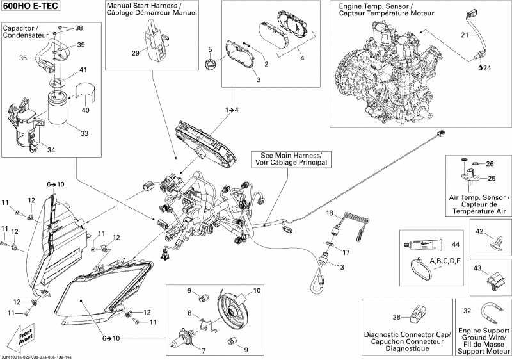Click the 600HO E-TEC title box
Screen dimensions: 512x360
30,6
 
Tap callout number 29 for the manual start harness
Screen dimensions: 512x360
136,53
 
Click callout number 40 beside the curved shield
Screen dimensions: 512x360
85,110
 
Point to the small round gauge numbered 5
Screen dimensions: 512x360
211,63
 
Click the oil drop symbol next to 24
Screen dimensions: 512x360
480,68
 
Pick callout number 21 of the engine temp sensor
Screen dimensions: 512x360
465,35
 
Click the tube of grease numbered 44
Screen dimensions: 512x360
422,243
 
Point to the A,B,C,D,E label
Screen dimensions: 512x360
445,261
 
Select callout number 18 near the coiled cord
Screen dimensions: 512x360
330,213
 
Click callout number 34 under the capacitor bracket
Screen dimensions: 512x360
51,150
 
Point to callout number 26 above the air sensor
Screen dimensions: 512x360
490,164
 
